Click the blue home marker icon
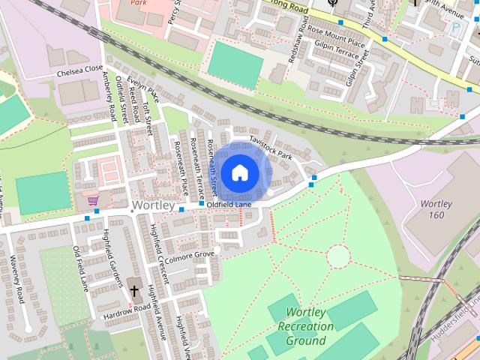pyautogui.click(x=239, y=172)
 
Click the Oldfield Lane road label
pyautogui.click(x=229, y=203)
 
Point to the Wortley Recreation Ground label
pyautogui.click(x=305, y=326)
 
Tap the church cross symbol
pyautogui.click(x=134, y=290)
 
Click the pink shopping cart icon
pyautogui.click(x=93, y=200)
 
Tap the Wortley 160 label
pyautogui.click(x=436, y=209)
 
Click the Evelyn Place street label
pyautogui.click(x=143, y=90)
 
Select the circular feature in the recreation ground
pyautogui.click(x=338, y=256)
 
